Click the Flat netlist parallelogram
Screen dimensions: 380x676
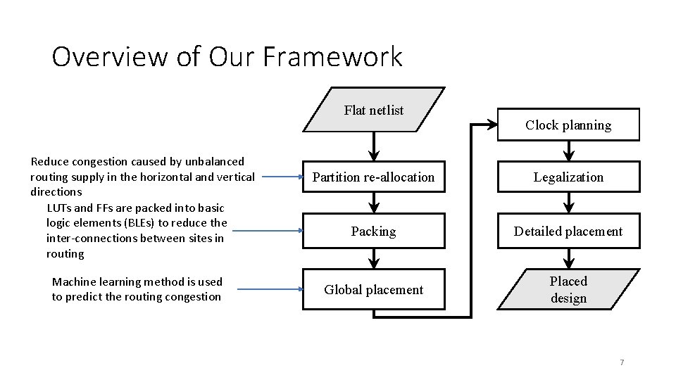tap(374, 110)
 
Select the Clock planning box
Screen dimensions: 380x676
tap(568, 125)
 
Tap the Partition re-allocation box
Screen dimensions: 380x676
tap(374, 177)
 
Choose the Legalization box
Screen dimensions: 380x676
tap(568, 177)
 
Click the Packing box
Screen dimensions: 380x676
tap(374, 232)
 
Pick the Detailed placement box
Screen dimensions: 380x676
tap(568, 232)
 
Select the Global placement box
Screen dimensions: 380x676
tap(374, 289)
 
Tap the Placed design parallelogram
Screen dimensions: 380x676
tap(568, 289)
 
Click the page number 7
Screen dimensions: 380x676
tap(622, 362)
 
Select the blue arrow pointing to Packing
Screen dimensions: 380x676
tap(268, 229)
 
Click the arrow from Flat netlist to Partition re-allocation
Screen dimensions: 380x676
tap(374, 147)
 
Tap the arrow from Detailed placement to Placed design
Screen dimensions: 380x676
tap(569, 258)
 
